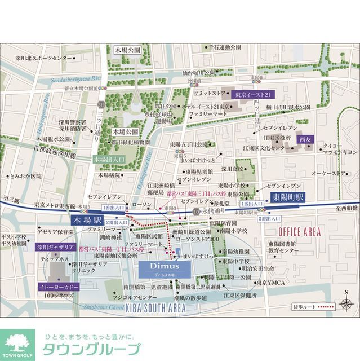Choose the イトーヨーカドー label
click(x=59, y=287)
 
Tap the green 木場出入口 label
click(x=109, y=160)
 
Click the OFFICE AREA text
click(x=299, y=232)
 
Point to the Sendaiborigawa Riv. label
click(x=74, y=80)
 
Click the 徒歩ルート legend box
click(x=322, y=307)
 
